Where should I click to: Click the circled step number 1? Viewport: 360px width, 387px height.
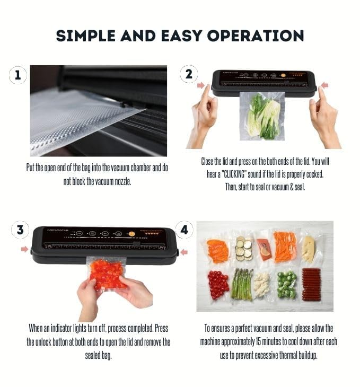point(18,75)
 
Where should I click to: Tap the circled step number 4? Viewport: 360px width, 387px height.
point(184,230)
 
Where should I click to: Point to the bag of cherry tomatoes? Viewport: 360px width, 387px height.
point(217,285)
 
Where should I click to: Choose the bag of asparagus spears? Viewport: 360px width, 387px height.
point(242,284)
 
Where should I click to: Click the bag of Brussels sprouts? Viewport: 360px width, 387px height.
point(287,285)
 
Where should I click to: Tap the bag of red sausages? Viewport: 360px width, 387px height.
point(311,284)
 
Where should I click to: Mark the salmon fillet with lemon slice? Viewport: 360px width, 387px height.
point(264,247)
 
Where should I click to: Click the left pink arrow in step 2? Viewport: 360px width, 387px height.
point(201,85)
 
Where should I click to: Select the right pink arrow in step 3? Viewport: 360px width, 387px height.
point(183,252)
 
